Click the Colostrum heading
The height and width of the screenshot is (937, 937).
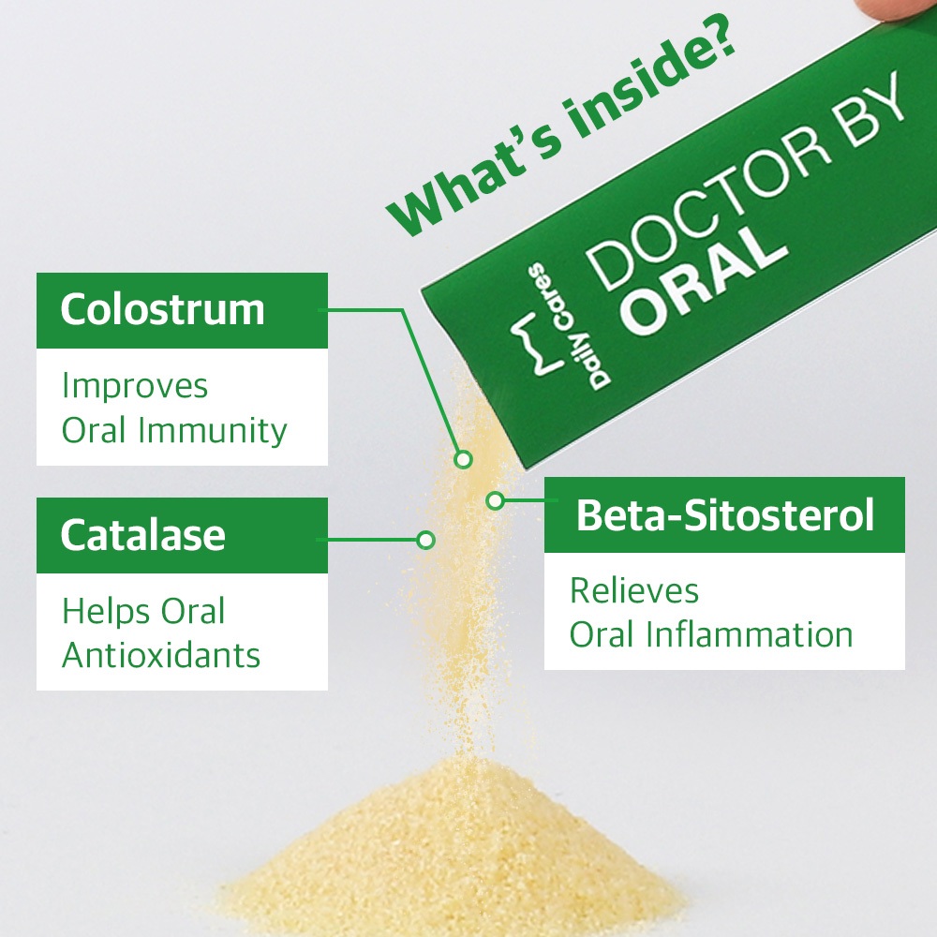(162, 309)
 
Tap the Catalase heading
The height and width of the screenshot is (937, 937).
(142, 534)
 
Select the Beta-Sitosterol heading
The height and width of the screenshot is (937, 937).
(725, 514)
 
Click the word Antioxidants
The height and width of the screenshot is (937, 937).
(161, 655)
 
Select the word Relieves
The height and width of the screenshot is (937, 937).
(634, 590)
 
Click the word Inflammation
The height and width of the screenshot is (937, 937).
(750, 634)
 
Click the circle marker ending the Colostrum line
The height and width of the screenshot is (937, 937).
(463, 459)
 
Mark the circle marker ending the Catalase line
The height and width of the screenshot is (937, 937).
(425, 541)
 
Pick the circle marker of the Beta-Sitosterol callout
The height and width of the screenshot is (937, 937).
(496, 500)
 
